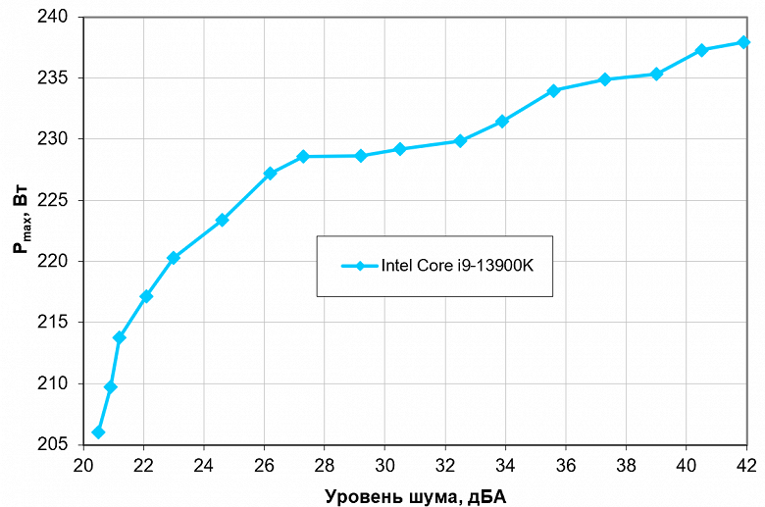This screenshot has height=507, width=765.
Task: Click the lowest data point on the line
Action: pos(98,432)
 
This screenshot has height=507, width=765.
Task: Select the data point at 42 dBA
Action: pos(743,42)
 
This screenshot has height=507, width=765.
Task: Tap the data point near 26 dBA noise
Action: pos(270,174)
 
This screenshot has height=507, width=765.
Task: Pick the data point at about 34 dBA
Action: pos(502,122)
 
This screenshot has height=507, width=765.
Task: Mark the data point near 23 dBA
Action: pos(174,258)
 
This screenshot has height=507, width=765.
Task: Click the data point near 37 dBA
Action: pos(604,79)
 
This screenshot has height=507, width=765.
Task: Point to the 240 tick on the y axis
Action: pos(55,18)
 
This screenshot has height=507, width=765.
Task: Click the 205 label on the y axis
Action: pos(55,444)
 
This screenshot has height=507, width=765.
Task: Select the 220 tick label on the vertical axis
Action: pos(55,262)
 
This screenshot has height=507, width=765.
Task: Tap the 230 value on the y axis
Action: pos(55,139)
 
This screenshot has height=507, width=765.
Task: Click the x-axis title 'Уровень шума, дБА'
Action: pos(415,495)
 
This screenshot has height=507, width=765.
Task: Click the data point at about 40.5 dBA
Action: pos(701,50)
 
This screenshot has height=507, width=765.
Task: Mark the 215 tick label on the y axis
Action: pos(55,323)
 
